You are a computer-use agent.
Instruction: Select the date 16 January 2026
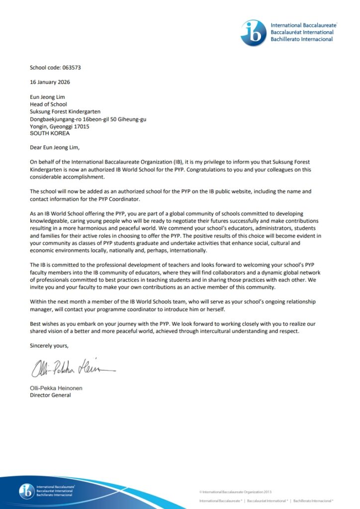click(x=50, y=82)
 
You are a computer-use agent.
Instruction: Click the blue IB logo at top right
click(x=253, y=33)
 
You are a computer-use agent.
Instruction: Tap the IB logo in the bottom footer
click(x=26, y=491)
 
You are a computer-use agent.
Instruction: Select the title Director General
click(x=51, y=395)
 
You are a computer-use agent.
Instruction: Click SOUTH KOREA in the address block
click(x=50, y=133)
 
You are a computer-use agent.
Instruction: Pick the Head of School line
click(x=49, y=104)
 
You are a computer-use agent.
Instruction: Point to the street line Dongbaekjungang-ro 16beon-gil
click(x=88, y=119)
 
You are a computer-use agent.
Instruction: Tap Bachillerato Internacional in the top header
click(x=302, y=39)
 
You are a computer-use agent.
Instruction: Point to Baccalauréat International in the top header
click(x=302, y=32)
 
